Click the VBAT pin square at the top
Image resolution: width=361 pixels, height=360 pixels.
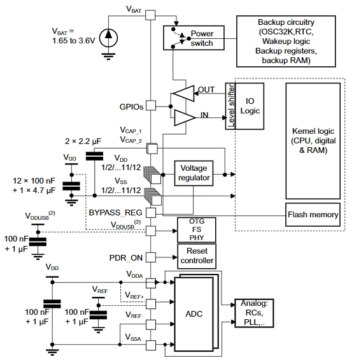tap(150, 15)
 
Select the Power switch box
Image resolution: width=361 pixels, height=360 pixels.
tap(194, 38)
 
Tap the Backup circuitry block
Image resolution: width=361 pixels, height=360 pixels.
tap(286, 41)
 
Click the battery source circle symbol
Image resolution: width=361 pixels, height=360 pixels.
tap(108, 38)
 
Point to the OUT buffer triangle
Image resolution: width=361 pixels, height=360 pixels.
tap(183, 93)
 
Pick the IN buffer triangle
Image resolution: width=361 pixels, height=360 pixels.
tap(185, 118)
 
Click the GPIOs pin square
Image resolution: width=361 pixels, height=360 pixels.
tap(151, 106)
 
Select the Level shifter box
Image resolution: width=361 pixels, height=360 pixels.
tap(230, 106)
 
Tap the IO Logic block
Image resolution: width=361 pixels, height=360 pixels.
tap(250, 106)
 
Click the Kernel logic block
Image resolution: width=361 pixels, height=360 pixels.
tap(313, 141)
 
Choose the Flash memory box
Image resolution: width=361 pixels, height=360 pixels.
tap(313, 215)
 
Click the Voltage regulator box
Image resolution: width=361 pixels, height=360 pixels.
tap(194, 173)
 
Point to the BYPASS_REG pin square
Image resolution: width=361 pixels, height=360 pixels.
tap(151, 213)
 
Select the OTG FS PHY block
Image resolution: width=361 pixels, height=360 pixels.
tap(197, 230)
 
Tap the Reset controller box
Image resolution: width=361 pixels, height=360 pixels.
tap(197, 256)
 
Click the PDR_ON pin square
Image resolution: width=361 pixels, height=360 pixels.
tap(151, 257)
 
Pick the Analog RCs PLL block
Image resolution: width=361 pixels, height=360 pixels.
tap(254, 313)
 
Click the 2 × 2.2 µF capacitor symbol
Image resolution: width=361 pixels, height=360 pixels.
tap(94, 156)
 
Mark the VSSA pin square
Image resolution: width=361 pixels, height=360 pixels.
tap(151, 345)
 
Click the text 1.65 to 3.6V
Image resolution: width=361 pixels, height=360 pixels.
tap(74, 41)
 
